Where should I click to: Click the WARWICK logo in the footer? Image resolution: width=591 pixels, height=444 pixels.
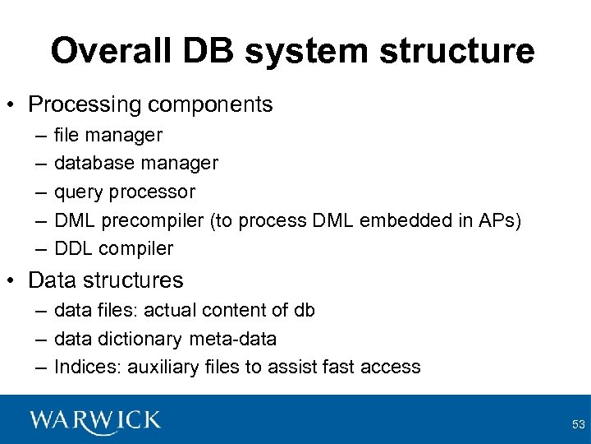(x=95, y=419)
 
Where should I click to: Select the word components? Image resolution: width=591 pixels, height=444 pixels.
(x=215, y=104)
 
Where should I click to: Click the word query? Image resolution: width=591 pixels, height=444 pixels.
(x=76, y=192)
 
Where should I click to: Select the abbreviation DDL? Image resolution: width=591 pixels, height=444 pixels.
(x=72, y=248)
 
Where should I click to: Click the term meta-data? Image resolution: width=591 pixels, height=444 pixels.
(x=232, y=339)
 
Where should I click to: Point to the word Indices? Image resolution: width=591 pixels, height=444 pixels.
(x=87, y=367)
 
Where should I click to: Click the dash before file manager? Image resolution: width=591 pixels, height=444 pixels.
(x=40, y=135)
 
